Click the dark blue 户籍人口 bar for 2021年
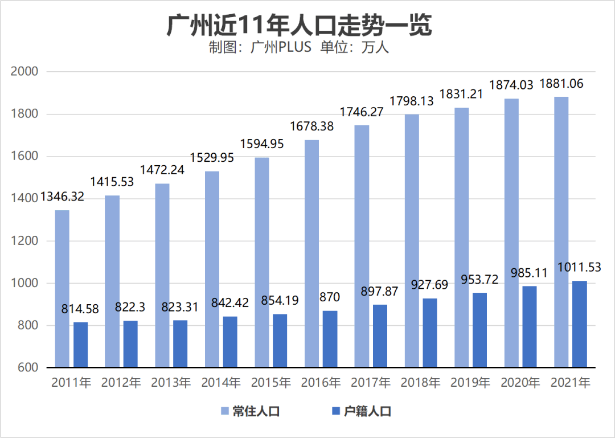[x=579, y=324]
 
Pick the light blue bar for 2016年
[x=311, y=253]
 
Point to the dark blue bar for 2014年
[x=230, y=342]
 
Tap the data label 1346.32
[x=62, y=197]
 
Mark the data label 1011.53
[x=579, y=267]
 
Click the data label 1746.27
[x=362, y=112]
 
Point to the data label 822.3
[x=130, y=307]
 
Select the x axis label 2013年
[x=171, y=383]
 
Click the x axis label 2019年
[x=470, y=383]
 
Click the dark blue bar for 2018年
[x=430, y=333]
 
